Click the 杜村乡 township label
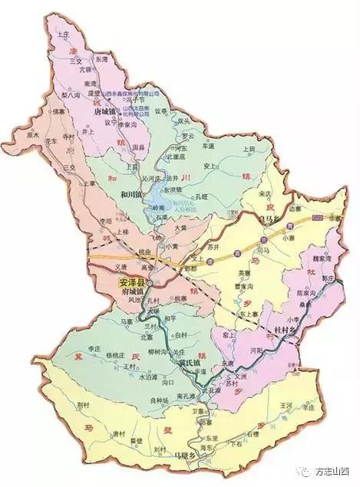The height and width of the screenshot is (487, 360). tap(287, 331)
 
